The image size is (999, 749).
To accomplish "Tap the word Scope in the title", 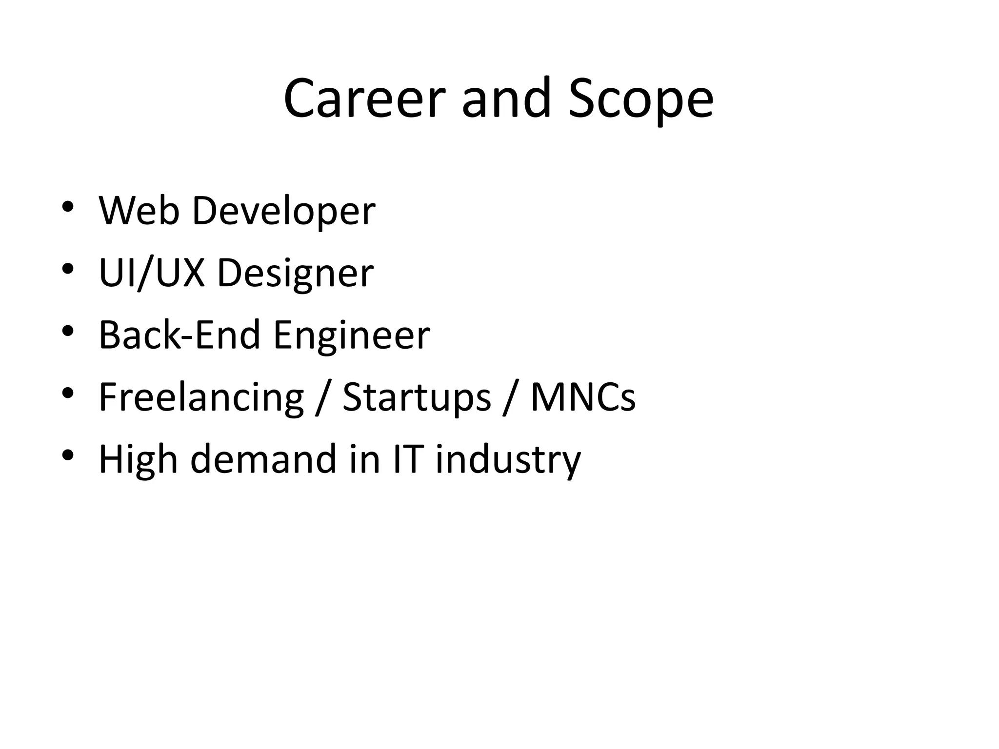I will pyautogui.click(x=641, y=99).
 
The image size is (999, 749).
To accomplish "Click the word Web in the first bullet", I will pyautogui.click(x=139, y=211).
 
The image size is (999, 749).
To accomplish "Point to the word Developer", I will pyautogui.click(x=284, y=211).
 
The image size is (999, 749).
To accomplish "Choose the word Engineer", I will pyautogui.click(x=352, y=336).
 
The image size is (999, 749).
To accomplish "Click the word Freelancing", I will pyautogui.click(x=201, y=397).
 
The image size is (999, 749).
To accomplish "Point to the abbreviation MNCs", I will pyautogui.click(x=583, y=397).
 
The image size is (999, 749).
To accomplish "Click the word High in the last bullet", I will pyautogui.click(x=138, y=460).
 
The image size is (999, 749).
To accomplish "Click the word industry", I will pyautogui.click(x=508, y=460).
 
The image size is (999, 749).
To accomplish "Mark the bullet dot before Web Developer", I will pyautogui.click(x=68, y=206).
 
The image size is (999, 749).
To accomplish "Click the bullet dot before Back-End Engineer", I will pyautogui.click(x=68, y=331).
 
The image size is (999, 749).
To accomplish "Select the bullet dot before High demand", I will pyautogui.click(x=68, y=455).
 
